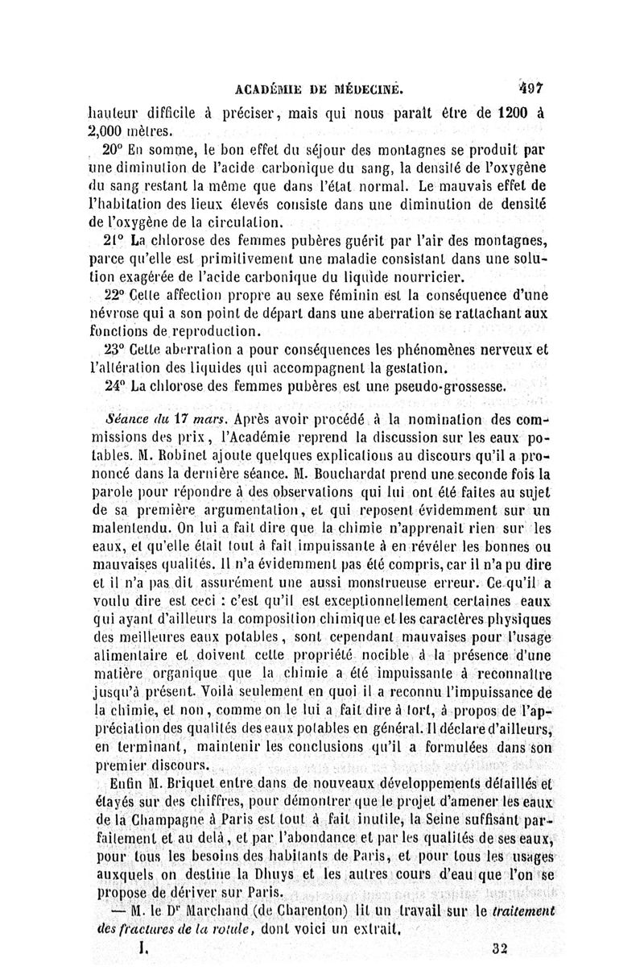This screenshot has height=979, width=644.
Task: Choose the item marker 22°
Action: [115, 296]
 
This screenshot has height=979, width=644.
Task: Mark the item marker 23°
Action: [116, 351]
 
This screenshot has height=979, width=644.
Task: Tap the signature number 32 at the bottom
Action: [501, 950]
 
